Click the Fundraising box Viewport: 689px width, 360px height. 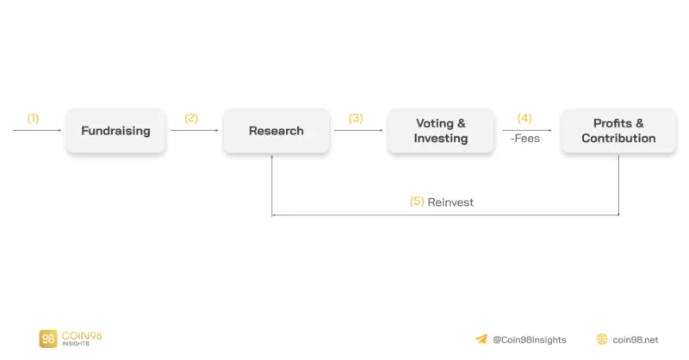[x=115, y=131]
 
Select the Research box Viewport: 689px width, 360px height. [x=276, y=131]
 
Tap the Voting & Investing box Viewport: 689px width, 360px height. [x=441, y=131]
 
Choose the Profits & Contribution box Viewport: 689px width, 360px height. [x=618, y=131]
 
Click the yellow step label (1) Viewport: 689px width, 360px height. [x=33, y=118]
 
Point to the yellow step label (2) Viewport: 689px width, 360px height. [x=191, y=118]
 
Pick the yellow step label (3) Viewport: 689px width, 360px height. [x=356, y=118]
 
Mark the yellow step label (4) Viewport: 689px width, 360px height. [x=525, y=118]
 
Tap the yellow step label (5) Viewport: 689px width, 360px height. [x=417, y=202]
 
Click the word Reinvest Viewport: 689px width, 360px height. [x=450, y=202]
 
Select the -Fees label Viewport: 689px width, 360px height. [x=525, y=139]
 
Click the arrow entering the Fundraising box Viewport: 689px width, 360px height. [x=37, y=130]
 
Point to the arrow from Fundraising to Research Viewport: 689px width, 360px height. [x=195, y=130]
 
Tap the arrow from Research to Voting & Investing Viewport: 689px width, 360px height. [x=358, y=130]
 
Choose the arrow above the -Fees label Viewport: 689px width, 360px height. [x=527, y=130]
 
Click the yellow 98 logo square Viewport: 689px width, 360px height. [x=48, y=338]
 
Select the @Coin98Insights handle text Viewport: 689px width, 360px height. [x=530, y=340]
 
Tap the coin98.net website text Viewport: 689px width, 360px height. [x=636, y=340]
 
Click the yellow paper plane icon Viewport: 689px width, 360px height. [x=481, y=339]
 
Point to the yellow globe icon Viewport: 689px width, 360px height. [x=601, y=339]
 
